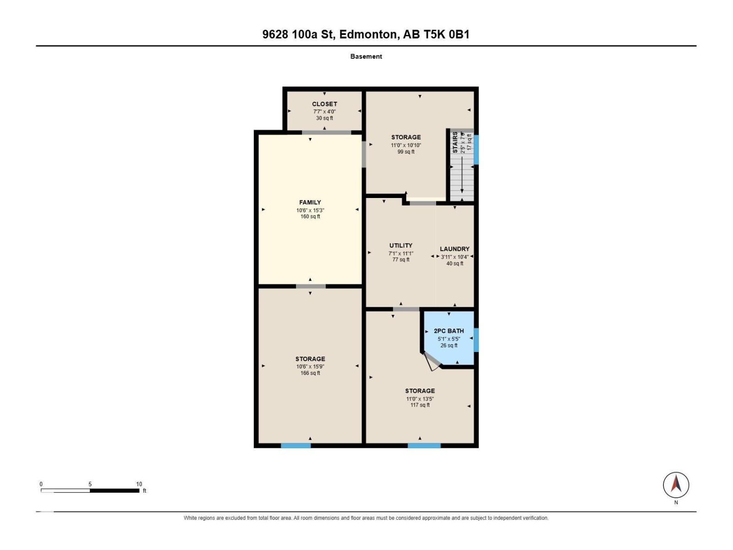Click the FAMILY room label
[310, 203]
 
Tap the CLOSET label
[324, 104]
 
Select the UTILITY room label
[401, 245]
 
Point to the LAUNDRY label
[454, 249]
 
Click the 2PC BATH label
[449, 330]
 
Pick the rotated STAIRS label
[455, 142]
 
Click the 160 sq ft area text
[310, 216]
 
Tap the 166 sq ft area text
[310, 373]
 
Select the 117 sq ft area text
[420, 405]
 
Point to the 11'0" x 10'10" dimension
[406, 145]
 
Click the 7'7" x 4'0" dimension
[324, 111]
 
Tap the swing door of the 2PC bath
[432, 361]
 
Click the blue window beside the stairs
[476, 149]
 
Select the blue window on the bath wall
[476, 340]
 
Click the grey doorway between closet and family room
[326, 132]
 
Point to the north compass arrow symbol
[676, 484]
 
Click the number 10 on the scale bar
[139, 484]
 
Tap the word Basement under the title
[366, 56]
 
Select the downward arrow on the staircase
[462, 175]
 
